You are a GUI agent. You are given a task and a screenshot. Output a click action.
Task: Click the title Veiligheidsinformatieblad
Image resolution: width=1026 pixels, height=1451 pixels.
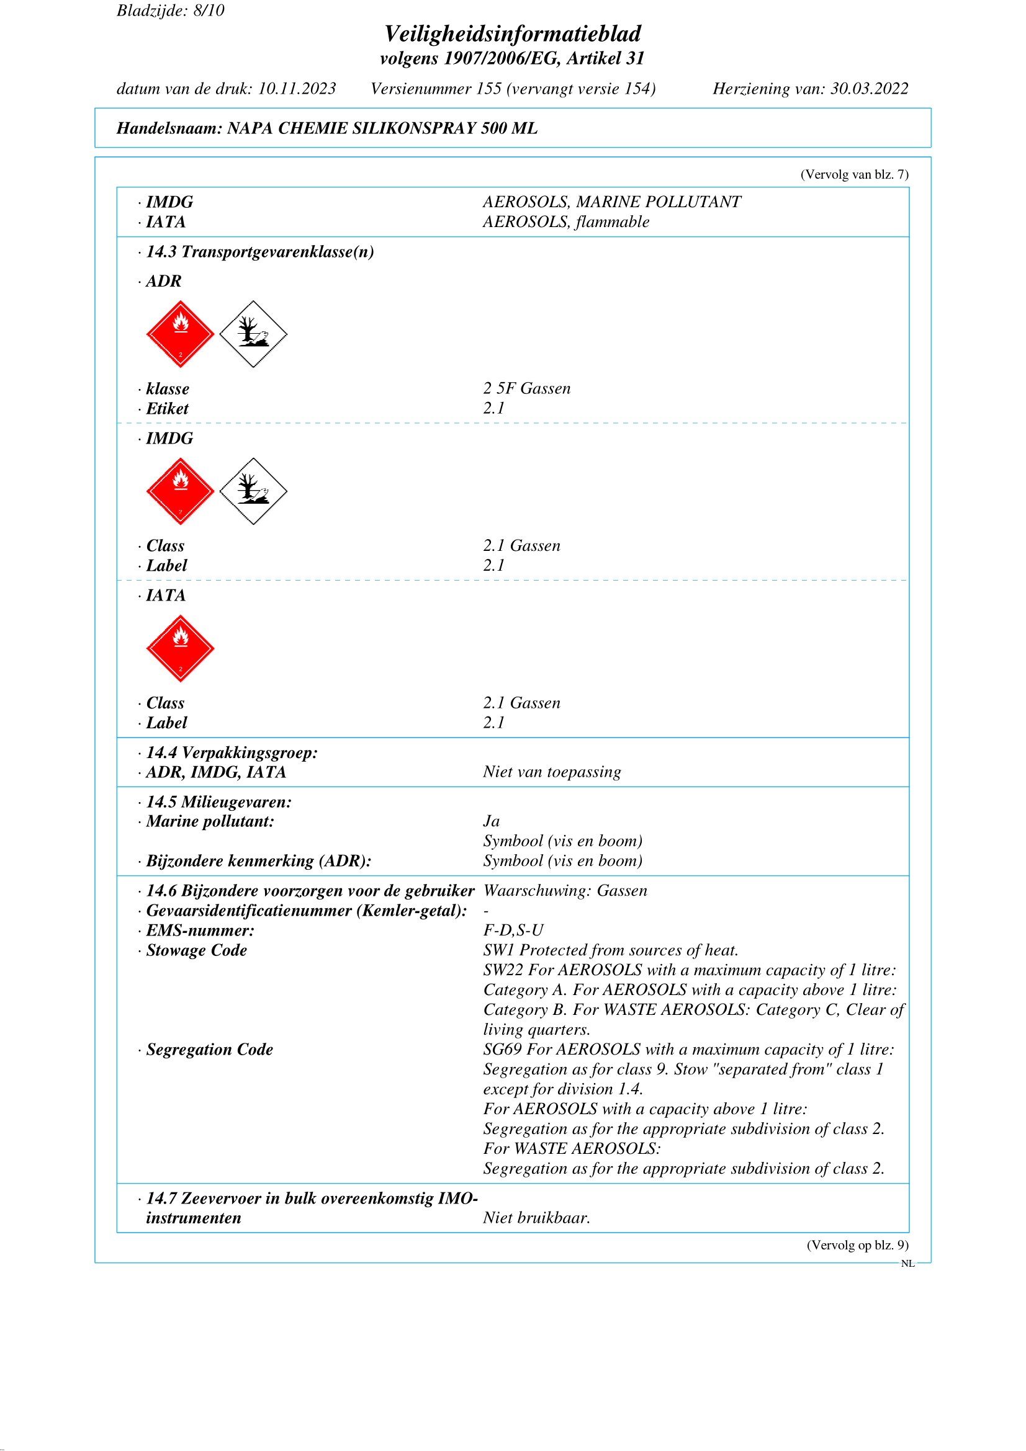coord(512,33)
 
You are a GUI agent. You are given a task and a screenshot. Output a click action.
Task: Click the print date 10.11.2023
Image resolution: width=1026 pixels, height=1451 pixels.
coord(297,89)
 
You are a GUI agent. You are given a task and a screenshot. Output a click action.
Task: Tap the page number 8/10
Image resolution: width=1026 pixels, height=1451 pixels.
coord(209,11)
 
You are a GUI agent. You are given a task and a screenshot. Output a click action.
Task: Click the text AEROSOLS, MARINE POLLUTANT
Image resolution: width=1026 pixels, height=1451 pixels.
coord(611,202)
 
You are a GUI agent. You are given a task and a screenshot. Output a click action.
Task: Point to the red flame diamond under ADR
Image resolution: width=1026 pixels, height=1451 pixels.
coord(180,334)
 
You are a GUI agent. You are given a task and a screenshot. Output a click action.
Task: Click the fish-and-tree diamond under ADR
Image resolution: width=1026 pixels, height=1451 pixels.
coord(253,334)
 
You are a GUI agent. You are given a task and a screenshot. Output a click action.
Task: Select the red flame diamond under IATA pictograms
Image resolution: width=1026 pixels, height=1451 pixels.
coord(180,648)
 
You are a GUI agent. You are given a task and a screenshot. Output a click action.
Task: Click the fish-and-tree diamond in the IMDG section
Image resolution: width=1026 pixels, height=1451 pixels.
coord(253,491)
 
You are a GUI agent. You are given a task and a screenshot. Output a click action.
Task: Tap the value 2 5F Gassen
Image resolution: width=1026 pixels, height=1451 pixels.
coord(526,389)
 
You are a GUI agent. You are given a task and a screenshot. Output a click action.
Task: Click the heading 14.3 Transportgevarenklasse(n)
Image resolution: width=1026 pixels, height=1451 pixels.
coord(259,251)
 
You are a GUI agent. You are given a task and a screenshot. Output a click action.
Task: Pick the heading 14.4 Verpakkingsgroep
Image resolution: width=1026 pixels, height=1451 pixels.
coord(232,752)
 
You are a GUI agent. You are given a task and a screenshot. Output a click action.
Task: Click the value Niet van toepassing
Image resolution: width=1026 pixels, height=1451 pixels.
coord(552,772)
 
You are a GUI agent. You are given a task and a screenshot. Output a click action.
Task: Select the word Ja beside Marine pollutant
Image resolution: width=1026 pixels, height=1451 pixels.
coord(491,821)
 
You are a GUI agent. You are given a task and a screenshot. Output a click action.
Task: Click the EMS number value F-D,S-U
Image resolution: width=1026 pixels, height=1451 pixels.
coord(513,931)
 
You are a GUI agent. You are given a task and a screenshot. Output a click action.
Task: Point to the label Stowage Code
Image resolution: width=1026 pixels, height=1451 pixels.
coord(196,950)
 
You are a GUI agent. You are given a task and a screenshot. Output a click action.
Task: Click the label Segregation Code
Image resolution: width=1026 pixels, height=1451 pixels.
coord(209,1049)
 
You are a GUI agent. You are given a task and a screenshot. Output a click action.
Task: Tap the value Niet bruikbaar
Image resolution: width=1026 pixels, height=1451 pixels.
coord(536,1218)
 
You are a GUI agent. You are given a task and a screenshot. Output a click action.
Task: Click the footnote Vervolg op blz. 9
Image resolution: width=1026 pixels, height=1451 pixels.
coord(857,1245)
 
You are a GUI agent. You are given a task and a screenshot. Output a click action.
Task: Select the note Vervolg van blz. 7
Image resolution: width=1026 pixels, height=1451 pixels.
coord(854,174)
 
